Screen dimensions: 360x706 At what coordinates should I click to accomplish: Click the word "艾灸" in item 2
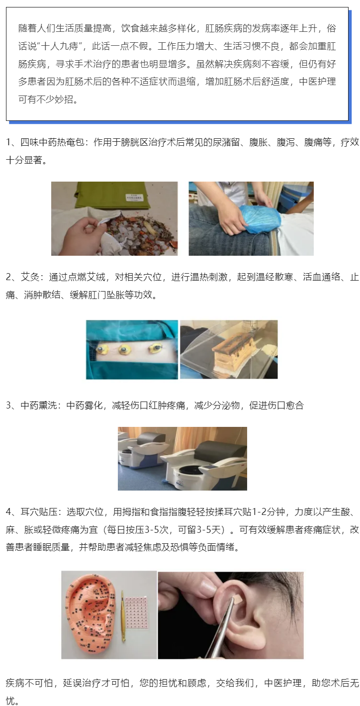pos(30,277)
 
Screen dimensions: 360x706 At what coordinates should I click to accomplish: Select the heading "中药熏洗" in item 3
pos(39,405)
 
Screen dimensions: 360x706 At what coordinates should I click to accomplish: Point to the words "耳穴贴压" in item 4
pos(39,511)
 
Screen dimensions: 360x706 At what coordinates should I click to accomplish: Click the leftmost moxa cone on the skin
pos(102,349)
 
